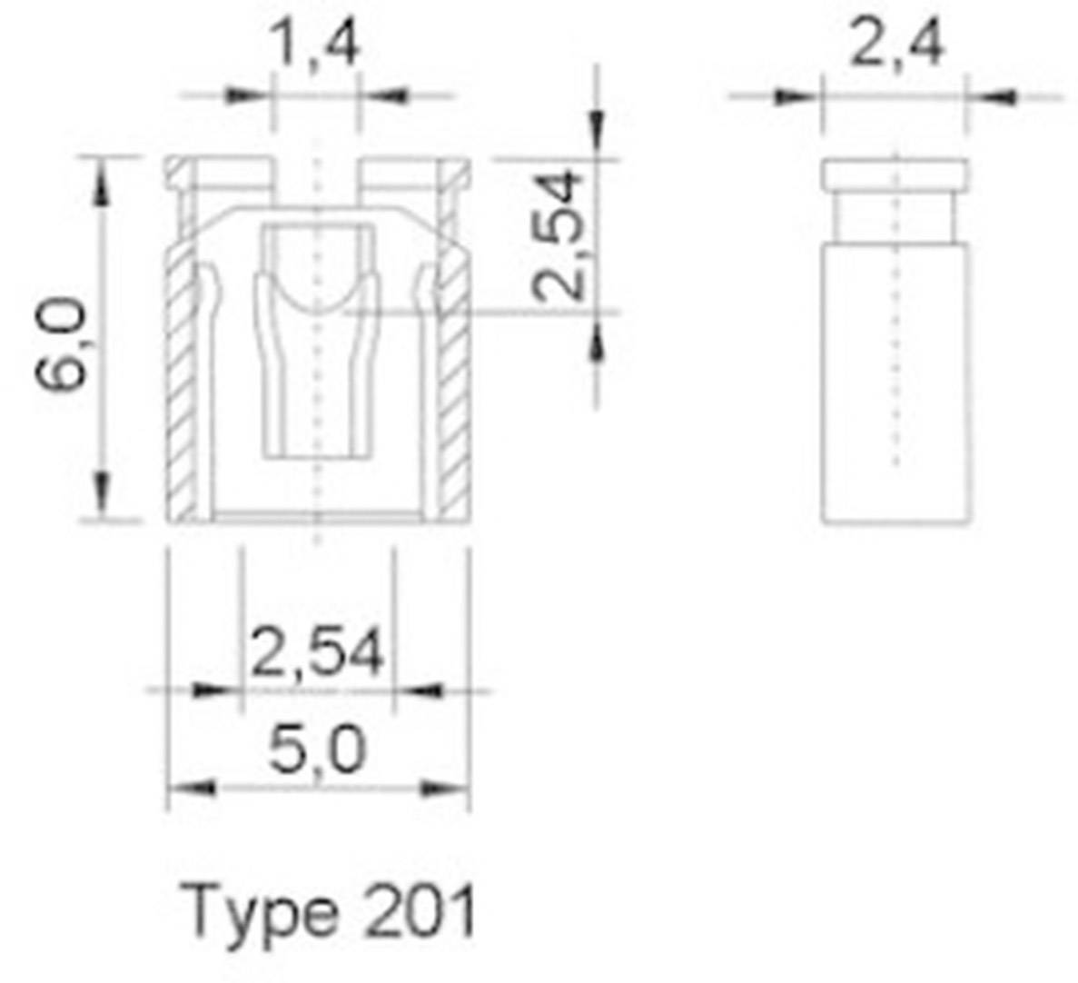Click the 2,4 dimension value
(x=896, y=44)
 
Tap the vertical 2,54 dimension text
(x=557, y=234)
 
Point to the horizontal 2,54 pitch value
(x=316, y=651)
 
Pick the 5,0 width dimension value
(x=318, y=751)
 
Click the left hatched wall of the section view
(x=183, y=391)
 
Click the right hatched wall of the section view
(x=453, y=391)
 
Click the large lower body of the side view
(x=895, y=382)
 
